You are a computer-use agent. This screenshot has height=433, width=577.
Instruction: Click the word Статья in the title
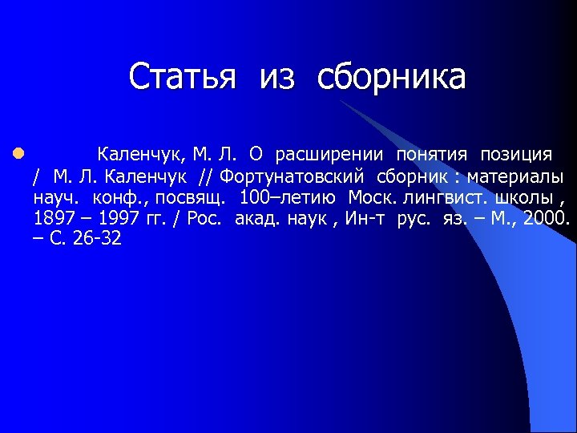[x=183, y=78]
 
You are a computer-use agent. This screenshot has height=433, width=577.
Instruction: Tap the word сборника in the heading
[x=391, y=78]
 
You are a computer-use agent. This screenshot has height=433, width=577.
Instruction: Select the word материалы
[x=515, y=176]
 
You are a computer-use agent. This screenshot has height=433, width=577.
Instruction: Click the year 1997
[x=117, y=218]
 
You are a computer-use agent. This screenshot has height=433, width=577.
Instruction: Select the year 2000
[x=545, y=218]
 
